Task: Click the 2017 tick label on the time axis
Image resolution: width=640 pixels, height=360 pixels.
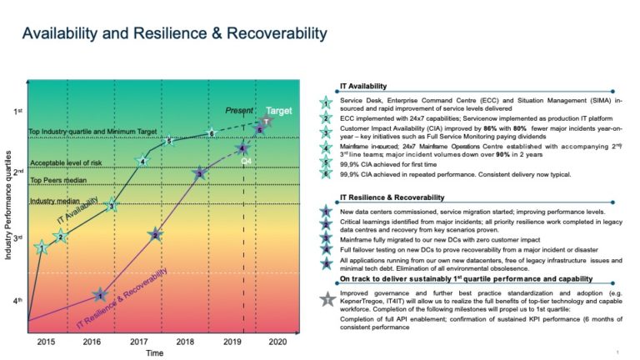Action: pos(138,342)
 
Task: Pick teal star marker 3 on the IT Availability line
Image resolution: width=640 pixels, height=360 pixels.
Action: pos(112,206)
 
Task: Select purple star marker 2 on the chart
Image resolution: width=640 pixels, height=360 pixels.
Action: pos(155,236)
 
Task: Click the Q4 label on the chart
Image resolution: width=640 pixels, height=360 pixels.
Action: pos(247,158)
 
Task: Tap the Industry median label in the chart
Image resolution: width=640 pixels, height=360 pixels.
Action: pos(55,201)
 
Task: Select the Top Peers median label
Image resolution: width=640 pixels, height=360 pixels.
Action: pos(58,179)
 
